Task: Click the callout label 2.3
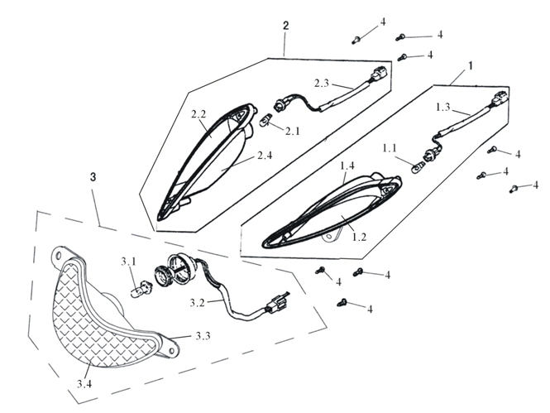[x=322, y=83]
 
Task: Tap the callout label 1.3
[x=442, y=107]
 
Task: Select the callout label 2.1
[x=293, y=131]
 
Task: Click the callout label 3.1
[x=127, y=262]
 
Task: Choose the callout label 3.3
[x=203, y=336]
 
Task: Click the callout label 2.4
[x=265, y=155]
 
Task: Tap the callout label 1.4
[x=348, y=166]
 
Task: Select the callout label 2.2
[x=198, y=113]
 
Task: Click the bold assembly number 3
[x=93, y=177]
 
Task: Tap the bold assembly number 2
[x=285, y=26]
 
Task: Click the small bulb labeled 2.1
[x=266, y=122]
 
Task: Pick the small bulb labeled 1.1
[x=418, y=168]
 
